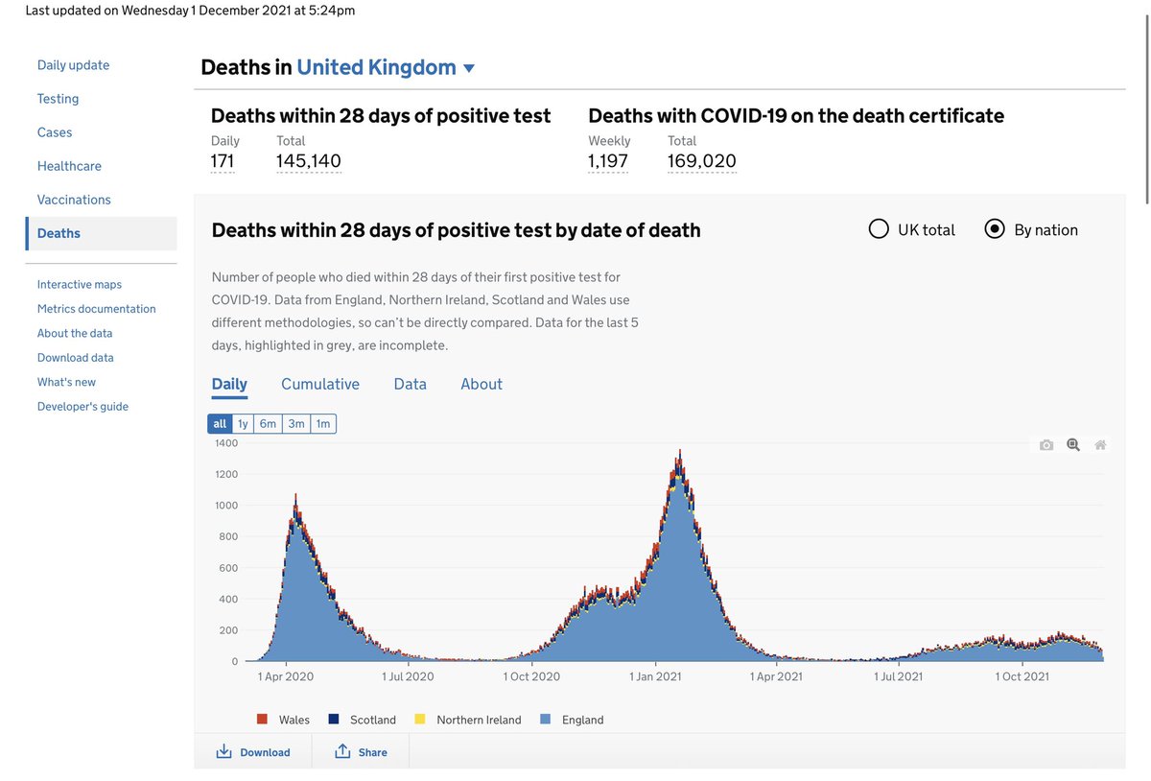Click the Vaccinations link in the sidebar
(74, 200)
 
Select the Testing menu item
(58, 99)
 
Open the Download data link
(75, 358)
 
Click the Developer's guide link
(82, 407)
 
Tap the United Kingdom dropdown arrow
(469, 68)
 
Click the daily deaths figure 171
(223, 161)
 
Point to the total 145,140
(308, 161)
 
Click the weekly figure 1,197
(608, 161)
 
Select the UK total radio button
(879, 229)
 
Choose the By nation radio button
(995, 229)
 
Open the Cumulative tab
(320, 384)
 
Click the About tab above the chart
(481, 384)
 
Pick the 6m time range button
(268, 424)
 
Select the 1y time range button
(243, 424)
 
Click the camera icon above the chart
(1046, 445)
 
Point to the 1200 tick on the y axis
(226, 474)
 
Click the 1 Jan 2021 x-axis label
(655, 676)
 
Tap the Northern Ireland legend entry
(478, 720)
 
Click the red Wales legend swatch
(262, 719)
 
